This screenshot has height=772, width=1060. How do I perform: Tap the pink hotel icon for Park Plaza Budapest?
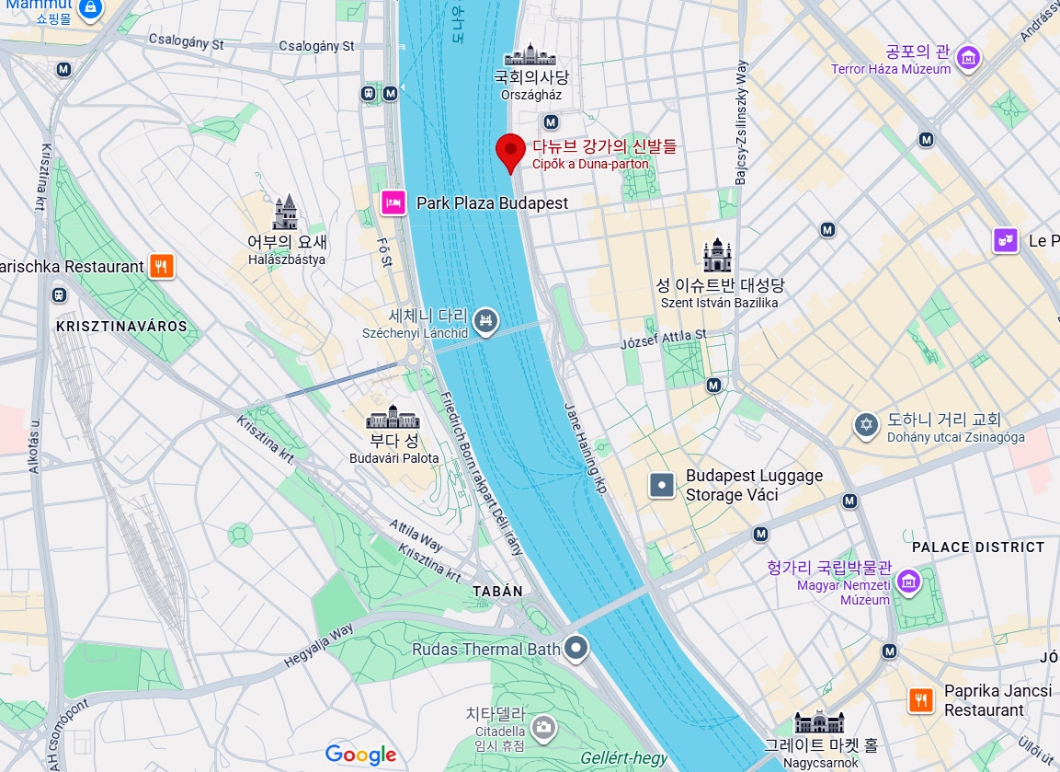[393, 202]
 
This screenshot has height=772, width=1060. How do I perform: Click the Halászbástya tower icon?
[286, 213]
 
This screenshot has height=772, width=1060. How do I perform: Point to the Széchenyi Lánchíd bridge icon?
[489, 321]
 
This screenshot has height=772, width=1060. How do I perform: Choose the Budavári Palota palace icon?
[393, 418]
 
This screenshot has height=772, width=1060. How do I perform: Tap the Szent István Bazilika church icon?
[718, 256]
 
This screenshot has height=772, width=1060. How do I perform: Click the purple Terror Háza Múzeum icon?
[967, 58]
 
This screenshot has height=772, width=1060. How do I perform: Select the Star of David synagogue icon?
[865, 425]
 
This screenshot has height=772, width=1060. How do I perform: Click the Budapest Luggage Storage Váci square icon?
[662, 485]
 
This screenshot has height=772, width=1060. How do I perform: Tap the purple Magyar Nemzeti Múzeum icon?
[909, 581]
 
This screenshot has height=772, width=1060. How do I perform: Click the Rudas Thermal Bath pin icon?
[576, 649]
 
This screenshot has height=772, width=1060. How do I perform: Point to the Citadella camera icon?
[543, 728]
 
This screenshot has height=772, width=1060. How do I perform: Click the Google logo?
[360, 755]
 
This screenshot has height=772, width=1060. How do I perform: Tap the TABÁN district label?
[497, 591]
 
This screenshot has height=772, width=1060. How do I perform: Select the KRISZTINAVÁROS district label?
[121, 327]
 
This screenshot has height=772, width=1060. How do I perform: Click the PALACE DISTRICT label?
[978, 547]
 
